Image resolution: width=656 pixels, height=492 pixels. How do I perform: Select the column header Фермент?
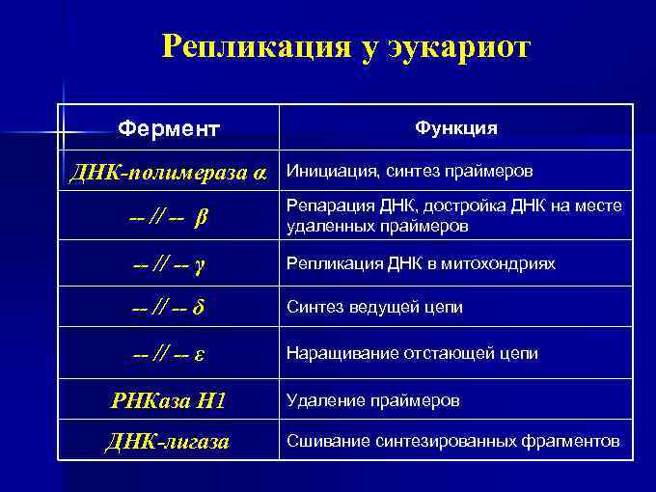coord(169,127)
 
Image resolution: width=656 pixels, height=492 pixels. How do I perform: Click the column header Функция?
coord(456,127)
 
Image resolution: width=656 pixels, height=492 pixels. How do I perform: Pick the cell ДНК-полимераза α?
coord(168,173)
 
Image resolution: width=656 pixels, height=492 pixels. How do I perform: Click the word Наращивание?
coord(336,354)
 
